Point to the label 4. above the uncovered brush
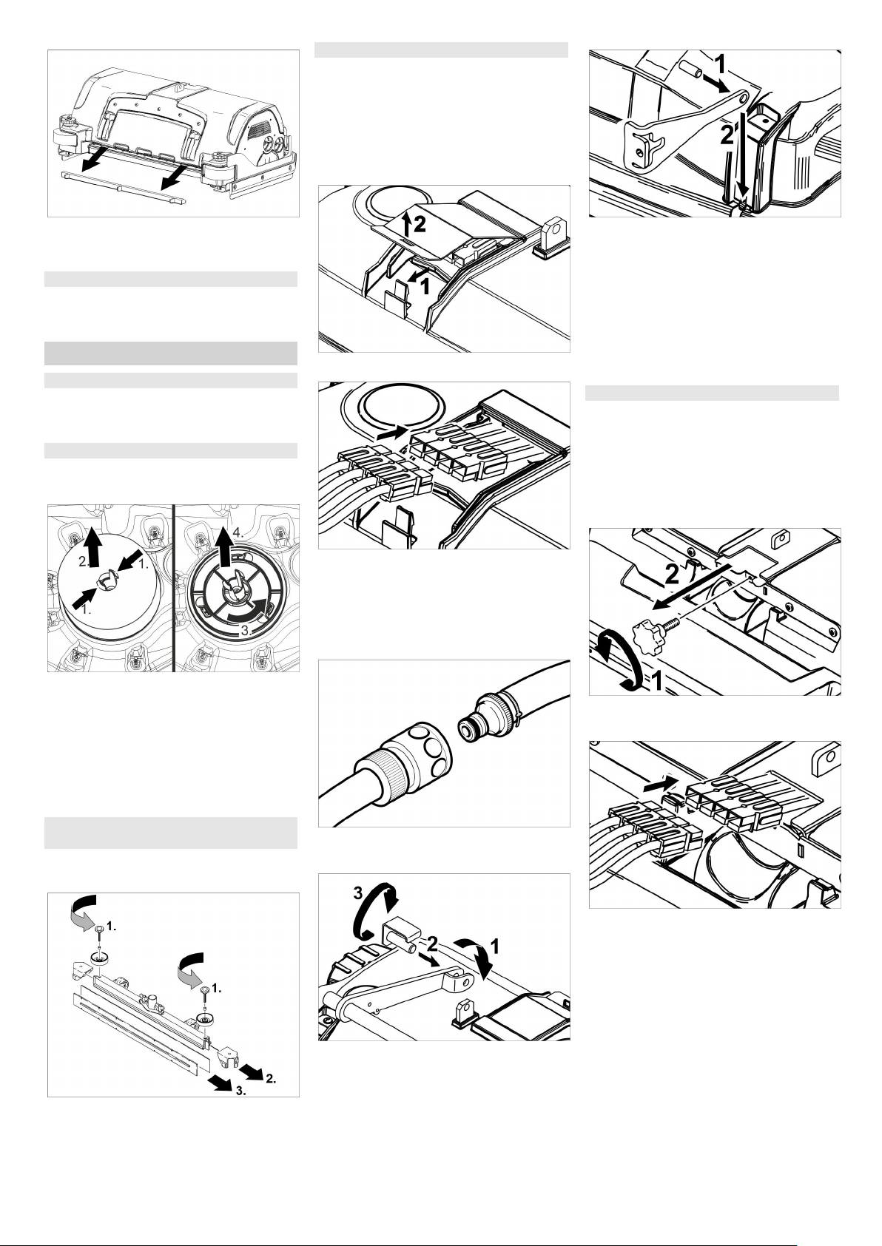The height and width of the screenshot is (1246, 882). (x=238, y=532)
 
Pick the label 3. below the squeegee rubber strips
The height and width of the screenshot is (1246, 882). (x=240, y=1091)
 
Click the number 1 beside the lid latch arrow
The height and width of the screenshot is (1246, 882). (x=425, y=286)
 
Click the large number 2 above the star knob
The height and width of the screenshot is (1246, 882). (x=672, y=574)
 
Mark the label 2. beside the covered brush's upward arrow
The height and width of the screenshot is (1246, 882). (x=84, y=561)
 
